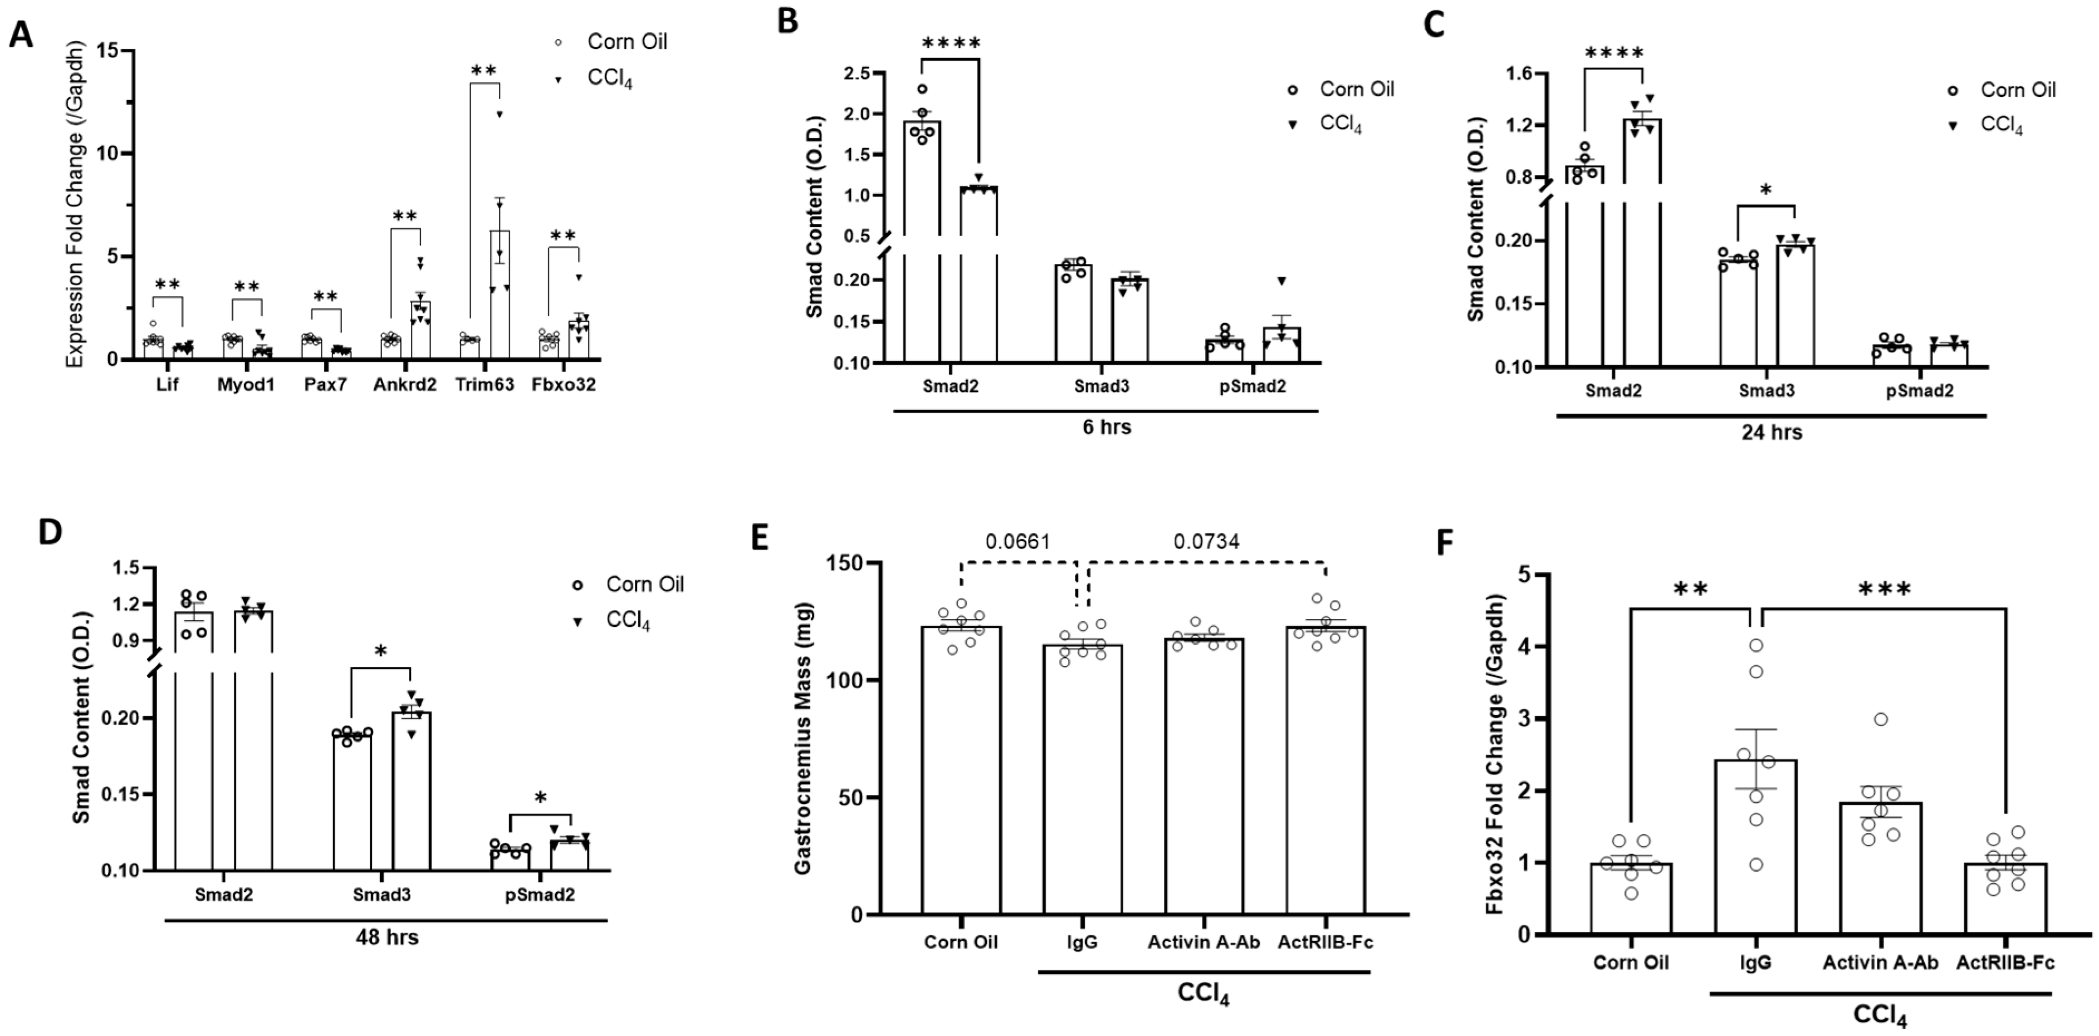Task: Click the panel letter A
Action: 21,35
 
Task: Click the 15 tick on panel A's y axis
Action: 104,51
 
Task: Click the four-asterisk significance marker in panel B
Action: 951,42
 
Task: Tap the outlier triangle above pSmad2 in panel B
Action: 1281,281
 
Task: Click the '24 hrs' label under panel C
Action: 1772,433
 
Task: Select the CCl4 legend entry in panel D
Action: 628,621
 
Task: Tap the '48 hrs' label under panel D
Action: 386,937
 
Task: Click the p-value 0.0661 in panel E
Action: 1017,542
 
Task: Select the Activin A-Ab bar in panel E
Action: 1204,774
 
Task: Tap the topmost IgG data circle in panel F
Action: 1756,646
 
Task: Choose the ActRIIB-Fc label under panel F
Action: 2005,963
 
